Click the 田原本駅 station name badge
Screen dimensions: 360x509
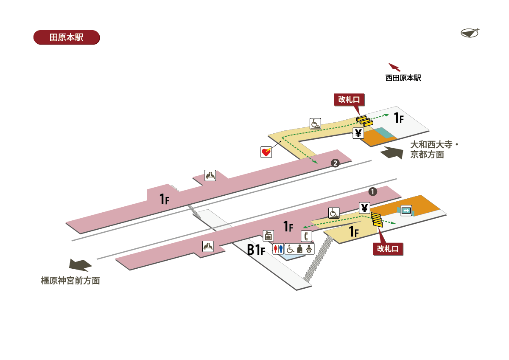[66, 37]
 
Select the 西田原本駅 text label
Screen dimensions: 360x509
[403, 78]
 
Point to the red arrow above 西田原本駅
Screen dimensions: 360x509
[394, 67]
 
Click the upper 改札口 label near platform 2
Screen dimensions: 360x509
[349, 99]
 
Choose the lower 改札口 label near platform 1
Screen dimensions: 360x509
[388, 249]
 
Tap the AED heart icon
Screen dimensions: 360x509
[266, 152]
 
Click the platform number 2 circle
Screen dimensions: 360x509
[335, 163]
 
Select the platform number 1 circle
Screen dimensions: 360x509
[373, 191]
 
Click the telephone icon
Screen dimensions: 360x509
[306, 236]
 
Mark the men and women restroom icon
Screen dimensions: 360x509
[278, 249]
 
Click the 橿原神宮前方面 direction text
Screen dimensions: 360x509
[70, 281]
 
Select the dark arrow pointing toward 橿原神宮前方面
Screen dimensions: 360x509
[81, 265]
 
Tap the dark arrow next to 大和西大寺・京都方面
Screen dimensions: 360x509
[392, 152]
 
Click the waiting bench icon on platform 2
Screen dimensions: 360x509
[210, 175]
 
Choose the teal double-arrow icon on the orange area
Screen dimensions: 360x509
[406, 210]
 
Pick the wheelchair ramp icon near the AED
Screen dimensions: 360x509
[315, 124]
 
